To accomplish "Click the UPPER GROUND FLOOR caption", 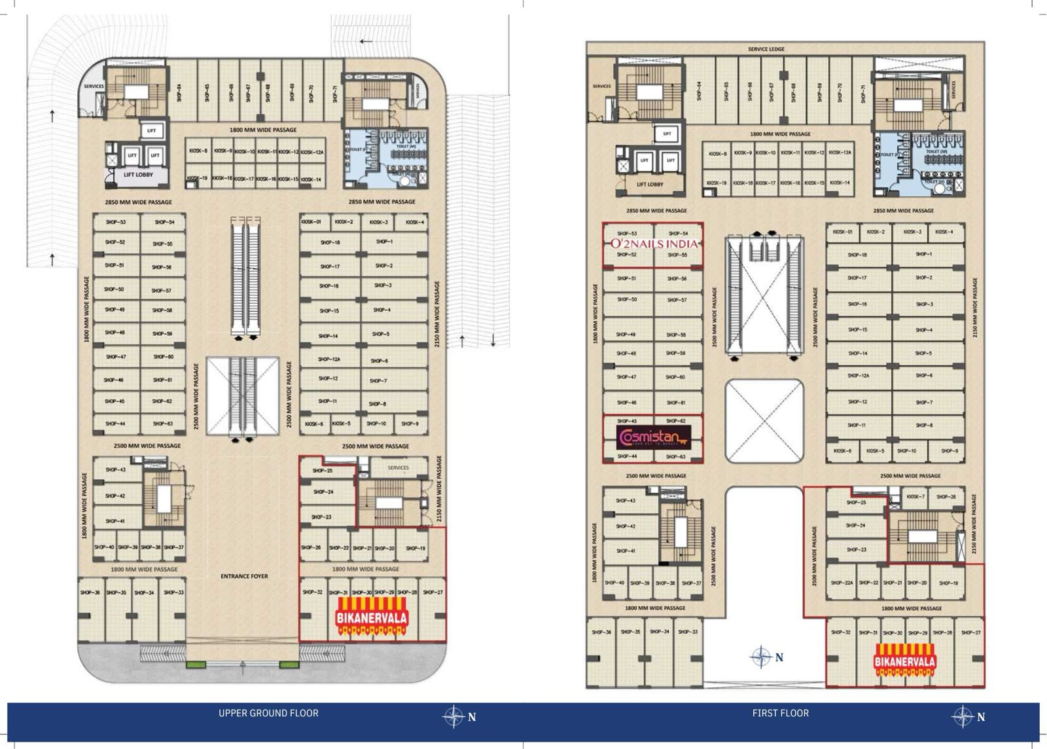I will tap(268, 713).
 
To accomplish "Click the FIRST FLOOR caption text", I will tap(780, 713).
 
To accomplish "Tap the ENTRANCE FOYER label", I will tap(244, 576).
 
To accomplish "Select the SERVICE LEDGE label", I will tap(766, 49).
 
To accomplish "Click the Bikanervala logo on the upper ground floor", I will tap(372, 618).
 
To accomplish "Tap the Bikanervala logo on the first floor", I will tap(904, 661).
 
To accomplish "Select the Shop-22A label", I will tap(842, 583).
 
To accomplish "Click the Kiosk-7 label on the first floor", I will tap(915, 497).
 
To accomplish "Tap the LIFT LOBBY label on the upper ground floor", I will tap(138, 175).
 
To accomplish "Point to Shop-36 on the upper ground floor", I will tap(90, 593).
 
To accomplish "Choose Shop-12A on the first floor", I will tap(857, 376).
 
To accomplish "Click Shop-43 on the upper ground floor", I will tap(115, 469).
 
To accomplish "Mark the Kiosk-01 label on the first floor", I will tap(843, 232).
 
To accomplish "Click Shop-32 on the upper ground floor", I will tap(312, 593).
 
